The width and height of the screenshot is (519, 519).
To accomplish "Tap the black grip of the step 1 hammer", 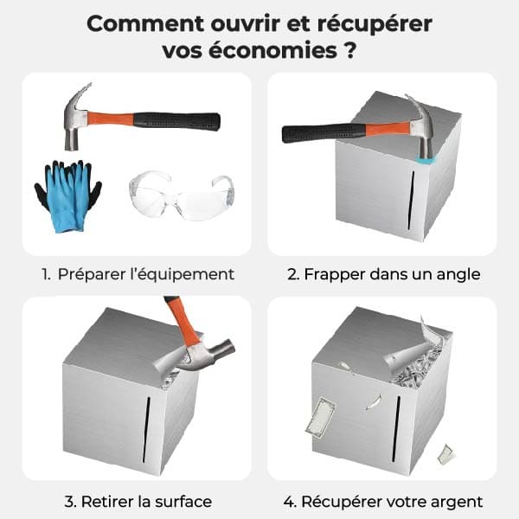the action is (x=176, y=121).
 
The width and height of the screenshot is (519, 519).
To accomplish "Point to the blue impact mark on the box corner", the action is (x=426, y=161).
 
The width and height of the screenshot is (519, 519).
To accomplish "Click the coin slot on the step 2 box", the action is (x=411, y=201).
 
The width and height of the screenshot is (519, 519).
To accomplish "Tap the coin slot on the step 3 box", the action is (x=146, y=430).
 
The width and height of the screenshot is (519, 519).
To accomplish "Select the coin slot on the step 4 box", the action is (x=396, y=429).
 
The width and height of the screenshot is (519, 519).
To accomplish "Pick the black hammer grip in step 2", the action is (x=324, y=133).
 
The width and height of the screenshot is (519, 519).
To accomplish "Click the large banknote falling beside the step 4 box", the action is (x=320, y=418).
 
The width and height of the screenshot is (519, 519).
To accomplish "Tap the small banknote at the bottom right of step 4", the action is (x=446, y=454).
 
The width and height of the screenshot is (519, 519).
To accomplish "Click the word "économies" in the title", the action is (x=273, y=51).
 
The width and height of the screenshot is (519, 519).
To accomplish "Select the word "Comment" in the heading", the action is (x=145, y=24).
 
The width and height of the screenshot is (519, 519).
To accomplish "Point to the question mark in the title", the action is (x=349, y=51).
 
